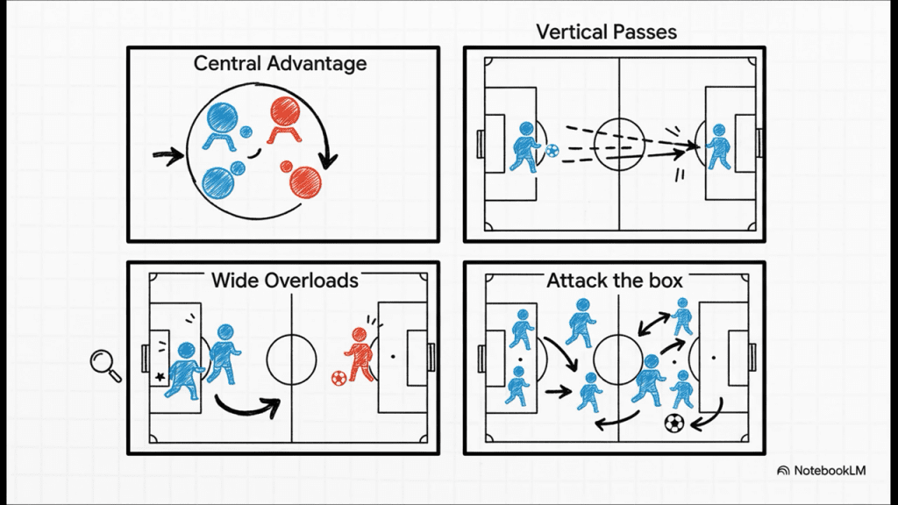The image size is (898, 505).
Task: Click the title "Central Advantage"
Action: pyautogui.click(x=280, y=63)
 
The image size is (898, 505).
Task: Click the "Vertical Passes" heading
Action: pyautogui.click(x=606, y=32)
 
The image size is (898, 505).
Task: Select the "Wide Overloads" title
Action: pyautogui.click(x=285, y=280)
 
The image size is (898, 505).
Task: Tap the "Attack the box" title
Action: pyautogui.click(x=615, y=281)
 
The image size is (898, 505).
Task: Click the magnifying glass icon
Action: pyautogui.click(x=105, y=365)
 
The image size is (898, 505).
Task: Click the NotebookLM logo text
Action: pyautogui.click(x=830, y=471)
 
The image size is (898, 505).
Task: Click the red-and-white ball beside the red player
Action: pyautogui.click(x=339, y=379)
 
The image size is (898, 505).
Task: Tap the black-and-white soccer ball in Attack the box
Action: pyautogui.click(x=673, y=423)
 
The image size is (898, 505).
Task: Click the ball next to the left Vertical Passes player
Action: pyautogui.click(x=552, y=151)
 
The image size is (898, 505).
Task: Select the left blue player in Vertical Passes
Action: pyautogui.click(x=524, y=147)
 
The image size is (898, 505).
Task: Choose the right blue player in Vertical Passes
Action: pyautogui.click(x=718, y=146)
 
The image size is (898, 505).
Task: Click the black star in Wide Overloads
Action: pyautogui.click(x=160, y=376)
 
